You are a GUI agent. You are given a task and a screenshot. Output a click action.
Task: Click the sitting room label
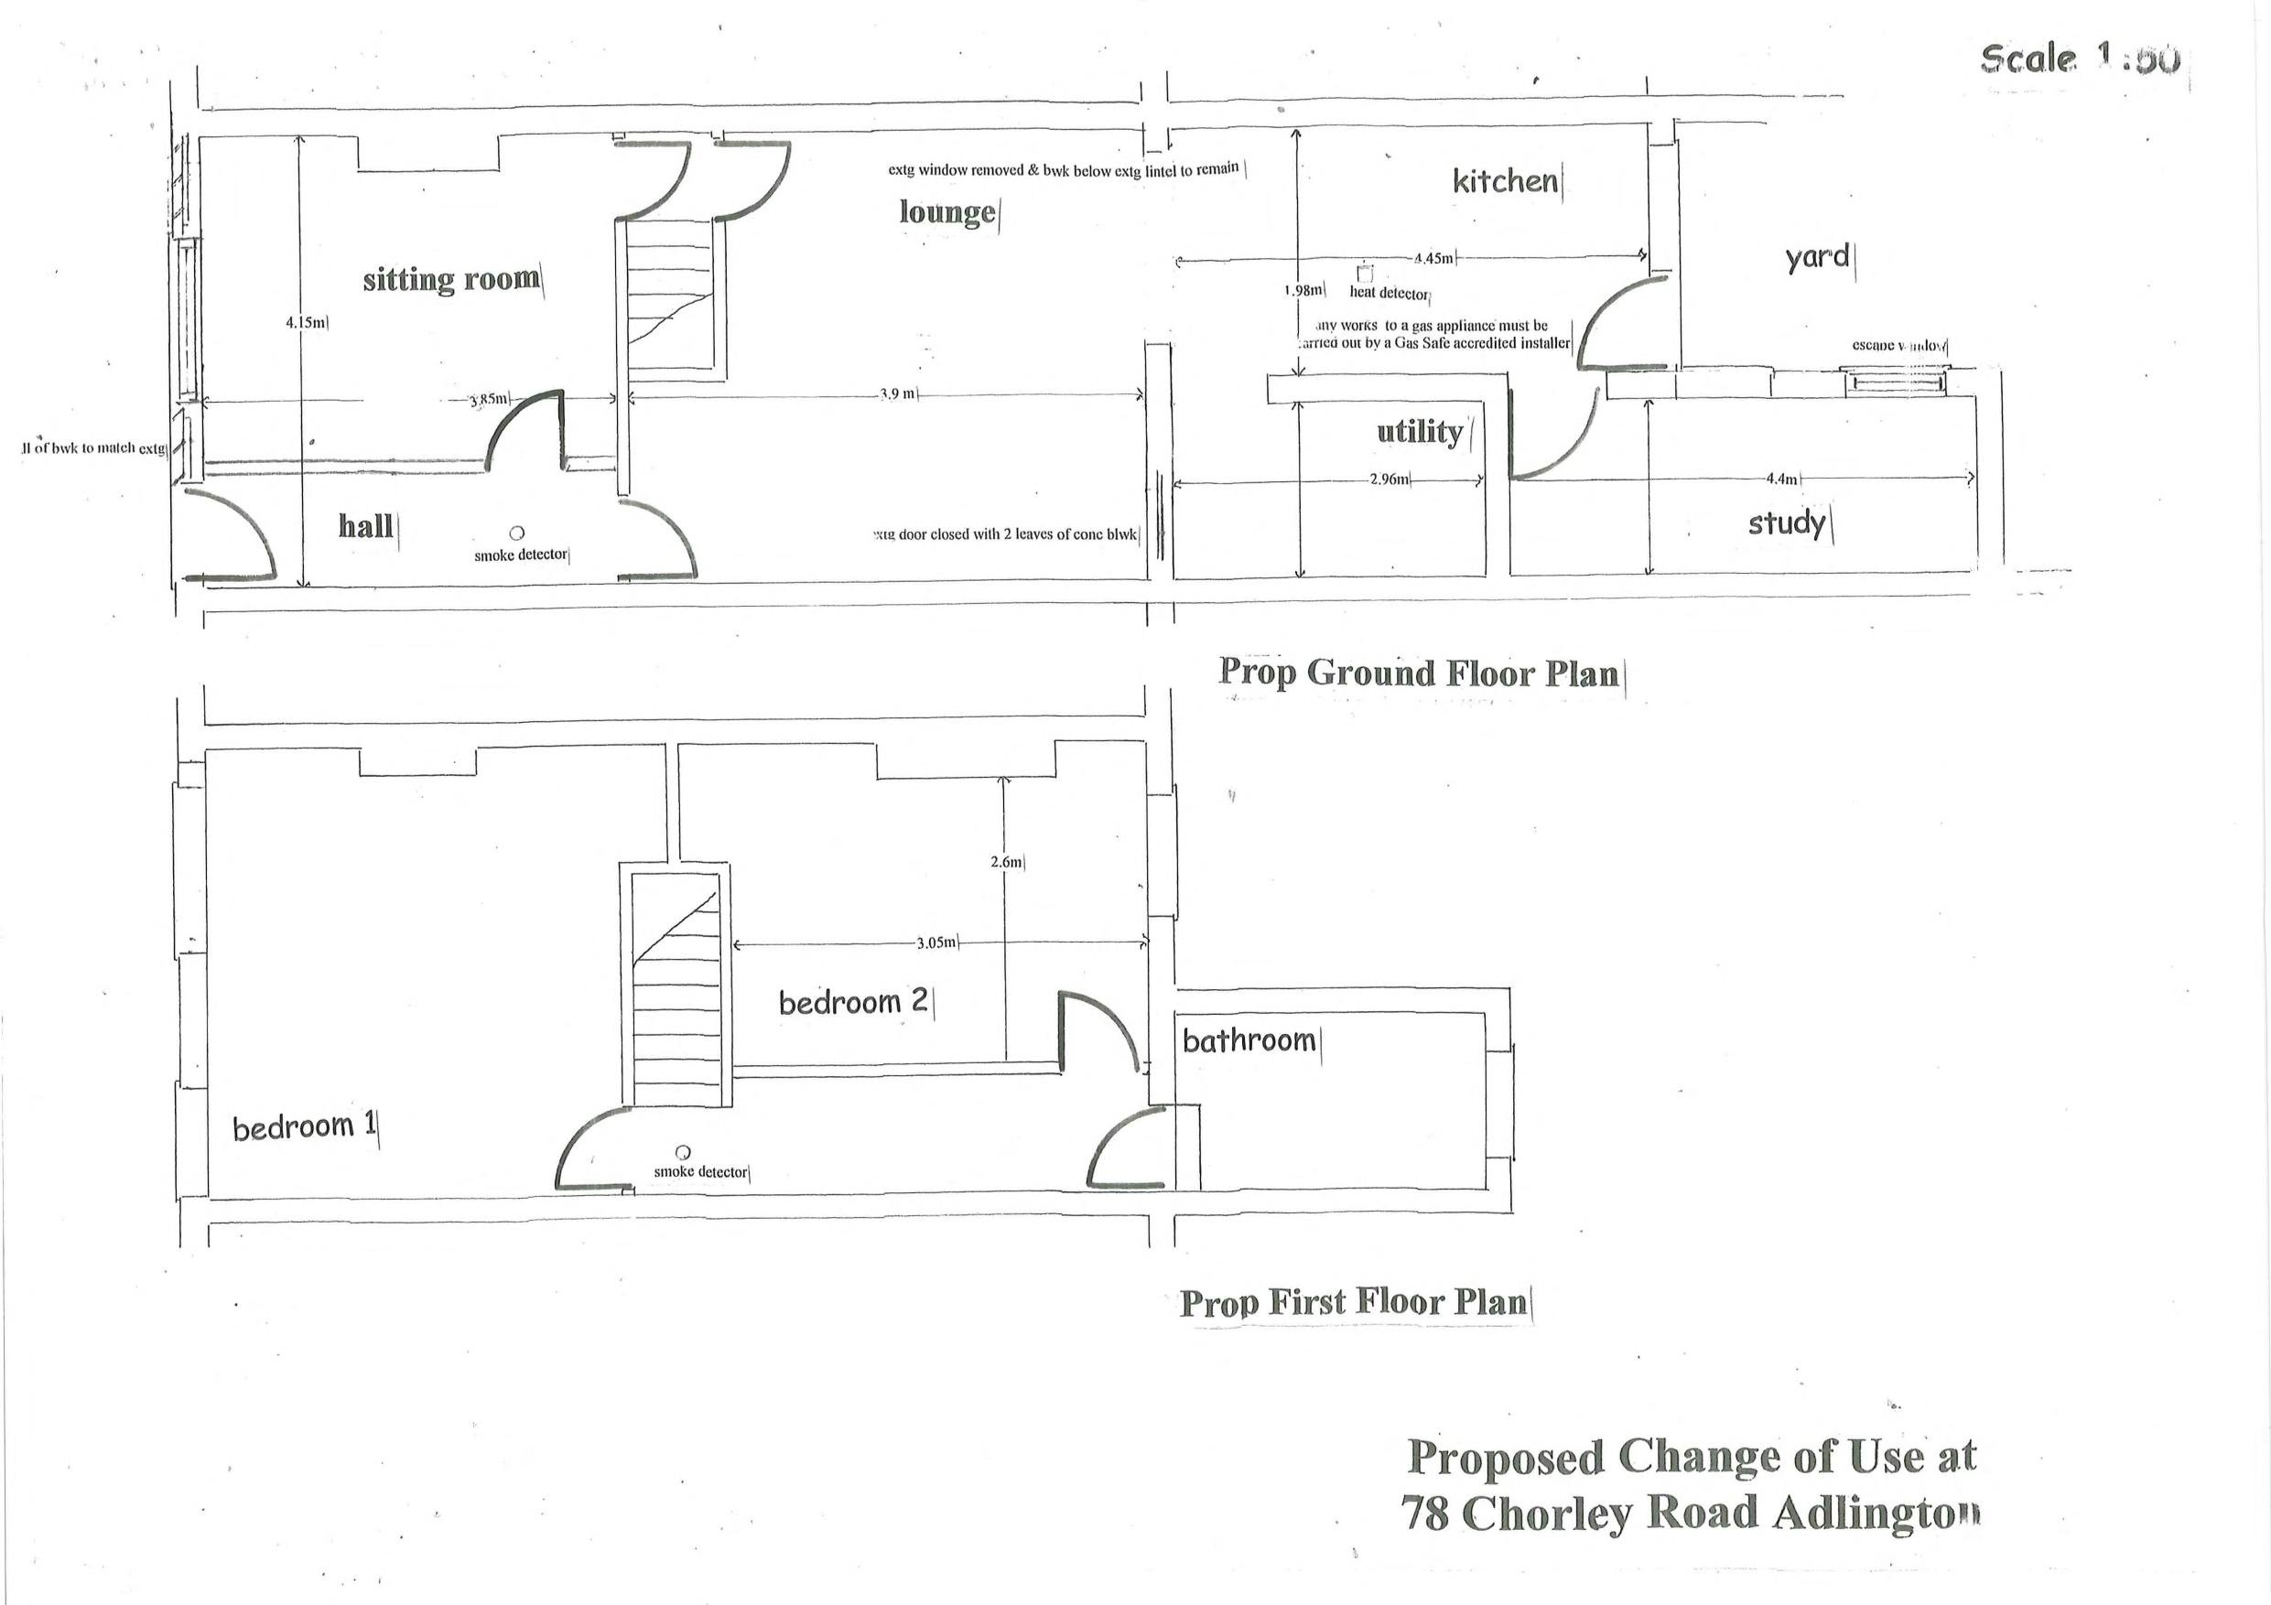click(x=451, y=280)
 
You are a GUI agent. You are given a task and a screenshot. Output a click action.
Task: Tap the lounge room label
click(x=946, y=212)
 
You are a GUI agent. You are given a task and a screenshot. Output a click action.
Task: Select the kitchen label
click(x=1505, y=181)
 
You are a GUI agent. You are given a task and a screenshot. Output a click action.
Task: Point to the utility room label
click(x=1420, y=432)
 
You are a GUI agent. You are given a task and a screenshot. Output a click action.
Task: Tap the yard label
click(x=1817, y=257)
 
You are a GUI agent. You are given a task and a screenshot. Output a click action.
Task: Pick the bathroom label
click(x=1249, y=1040)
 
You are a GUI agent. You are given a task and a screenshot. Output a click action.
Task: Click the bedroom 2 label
click(x=852, y=1002)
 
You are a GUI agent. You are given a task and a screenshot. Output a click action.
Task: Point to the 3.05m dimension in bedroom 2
click(x=935, y=943)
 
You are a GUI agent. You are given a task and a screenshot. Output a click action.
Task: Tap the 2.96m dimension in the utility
click(x=1389, y=479)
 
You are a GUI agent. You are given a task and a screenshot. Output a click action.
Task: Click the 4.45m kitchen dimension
click(x=1433, y=259)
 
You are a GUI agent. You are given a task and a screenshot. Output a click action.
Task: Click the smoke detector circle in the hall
click(x=516, y=533)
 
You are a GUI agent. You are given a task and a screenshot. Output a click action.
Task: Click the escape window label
click(x=1898, y=345)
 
